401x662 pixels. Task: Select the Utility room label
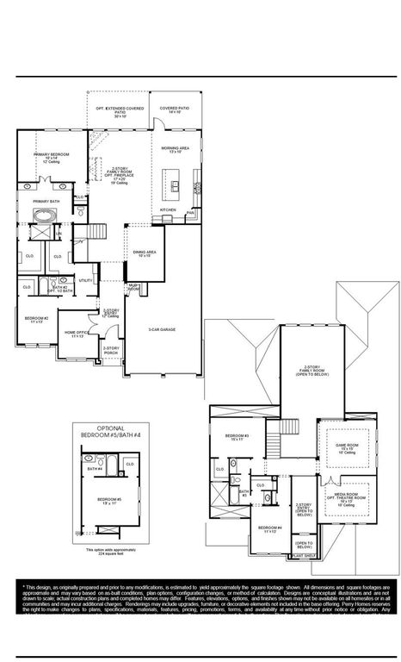pos(85,280)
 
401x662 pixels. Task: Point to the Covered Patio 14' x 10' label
pos(175,110)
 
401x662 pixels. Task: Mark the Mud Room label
pos(134,285)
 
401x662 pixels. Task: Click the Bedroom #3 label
pos(237,437)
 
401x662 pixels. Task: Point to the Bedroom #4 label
pos(269,528)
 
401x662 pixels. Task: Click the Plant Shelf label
pos(305,557)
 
